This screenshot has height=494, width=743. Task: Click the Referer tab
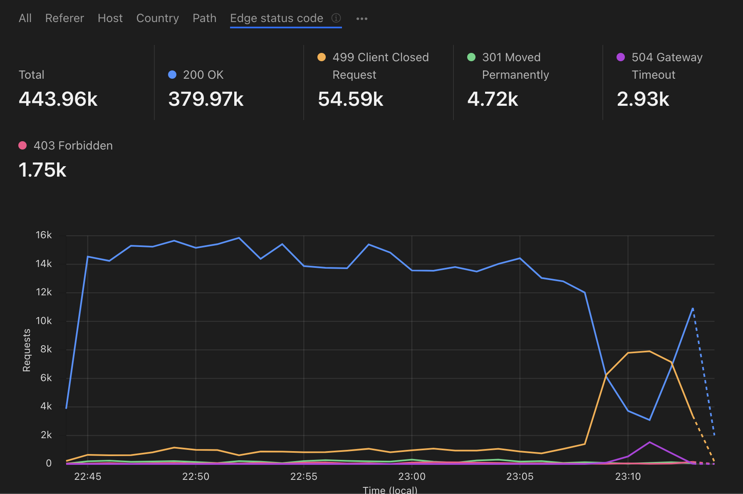point(64,18)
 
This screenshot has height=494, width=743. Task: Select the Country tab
point(157,18)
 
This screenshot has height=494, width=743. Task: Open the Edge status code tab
point(276,18)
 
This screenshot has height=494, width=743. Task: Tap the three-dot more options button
point(362,19)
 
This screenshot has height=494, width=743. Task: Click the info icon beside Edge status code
point(336,18)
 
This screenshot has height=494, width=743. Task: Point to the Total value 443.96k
point(58,99)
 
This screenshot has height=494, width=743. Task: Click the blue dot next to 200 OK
point(172,75)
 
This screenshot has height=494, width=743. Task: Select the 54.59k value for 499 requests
point(350,99)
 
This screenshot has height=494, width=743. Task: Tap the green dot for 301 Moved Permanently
point(471,57)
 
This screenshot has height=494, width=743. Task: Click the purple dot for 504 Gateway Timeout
point(621,57)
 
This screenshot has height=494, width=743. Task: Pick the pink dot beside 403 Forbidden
point(22,145)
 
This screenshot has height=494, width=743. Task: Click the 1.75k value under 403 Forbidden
point(42,170)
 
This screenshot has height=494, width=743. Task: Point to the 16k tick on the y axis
point(44,235)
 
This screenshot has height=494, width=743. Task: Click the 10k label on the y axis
point(44,321)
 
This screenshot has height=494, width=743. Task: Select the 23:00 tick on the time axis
point(412,477)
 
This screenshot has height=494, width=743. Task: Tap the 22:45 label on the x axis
point(87,477)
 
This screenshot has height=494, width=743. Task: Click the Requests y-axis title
point(27,350)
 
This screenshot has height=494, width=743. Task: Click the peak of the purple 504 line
point(649,442)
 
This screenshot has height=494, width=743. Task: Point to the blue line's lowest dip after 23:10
point(649,420)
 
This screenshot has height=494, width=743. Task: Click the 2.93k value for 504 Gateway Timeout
point(643,99)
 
